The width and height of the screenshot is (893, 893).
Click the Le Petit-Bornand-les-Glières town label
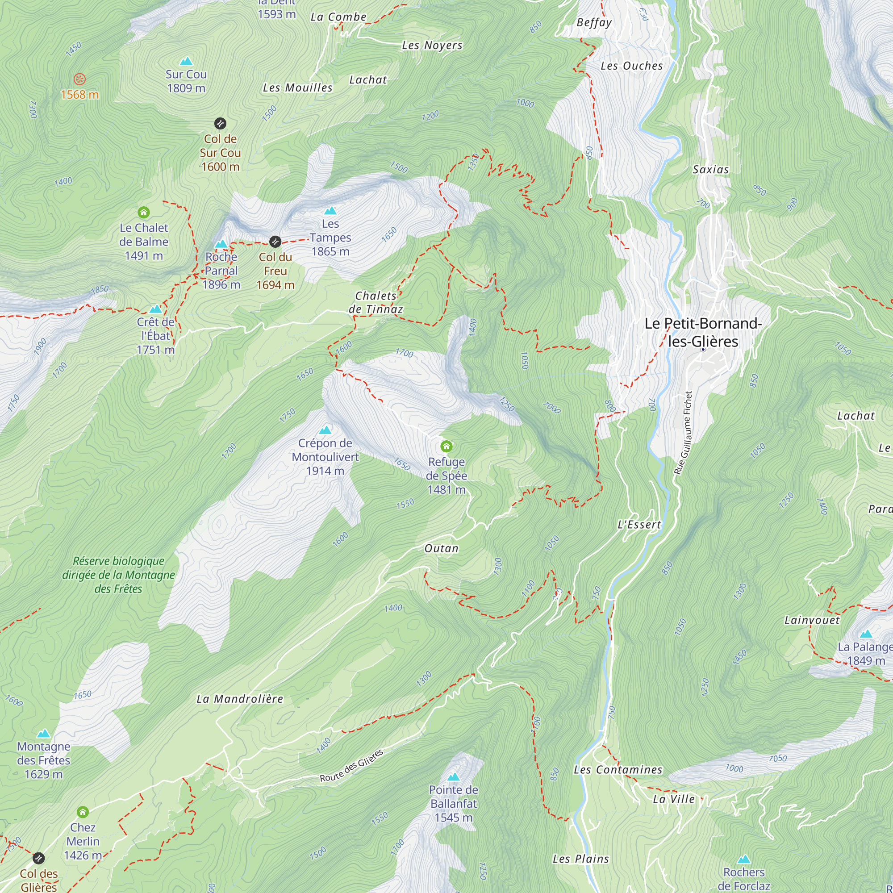coord(702,332)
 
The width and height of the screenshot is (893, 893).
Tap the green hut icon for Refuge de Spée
coord(446,446)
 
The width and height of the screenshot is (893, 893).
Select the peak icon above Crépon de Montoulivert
coord(325,430)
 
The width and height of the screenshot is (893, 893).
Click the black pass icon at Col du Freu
coord(275,241)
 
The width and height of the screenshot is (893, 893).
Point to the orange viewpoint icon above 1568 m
coord(79,79)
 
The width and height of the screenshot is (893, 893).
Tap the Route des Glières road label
coord(351,765)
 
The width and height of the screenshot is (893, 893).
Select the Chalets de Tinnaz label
coord(376,302)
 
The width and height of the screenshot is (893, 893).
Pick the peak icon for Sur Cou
coord(186,61)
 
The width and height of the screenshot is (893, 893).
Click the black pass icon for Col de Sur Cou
coord(220,123)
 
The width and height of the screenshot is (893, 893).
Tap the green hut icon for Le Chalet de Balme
coord(144,212)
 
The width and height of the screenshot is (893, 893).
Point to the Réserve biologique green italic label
coord(119,575)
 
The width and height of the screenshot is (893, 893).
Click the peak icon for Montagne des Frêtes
coord(43,734)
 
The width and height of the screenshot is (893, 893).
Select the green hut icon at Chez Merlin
coord(83,812)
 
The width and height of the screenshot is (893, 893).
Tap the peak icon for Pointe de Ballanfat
coord(454,776)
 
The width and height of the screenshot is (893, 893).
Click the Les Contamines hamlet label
coord(618,770)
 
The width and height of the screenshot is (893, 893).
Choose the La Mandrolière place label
coord(240,699)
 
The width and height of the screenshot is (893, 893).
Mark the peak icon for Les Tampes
coord(330,211)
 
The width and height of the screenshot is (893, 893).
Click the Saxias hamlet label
coord(710,170)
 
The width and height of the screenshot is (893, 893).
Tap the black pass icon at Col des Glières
coord(39,858)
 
